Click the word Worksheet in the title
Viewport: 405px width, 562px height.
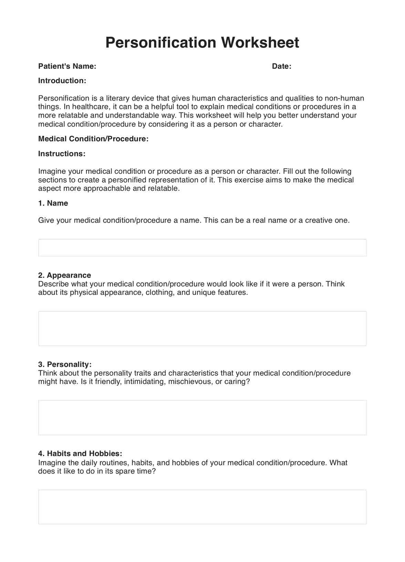[260, 42]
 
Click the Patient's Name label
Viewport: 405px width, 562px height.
[67, 66]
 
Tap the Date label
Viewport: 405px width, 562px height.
[281, 66]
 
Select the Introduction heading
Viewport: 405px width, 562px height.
[62, 81]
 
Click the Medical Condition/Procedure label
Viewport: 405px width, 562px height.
[93, 139]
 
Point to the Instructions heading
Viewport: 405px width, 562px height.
[62, 154]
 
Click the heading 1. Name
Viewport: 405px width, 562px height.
[53, 203]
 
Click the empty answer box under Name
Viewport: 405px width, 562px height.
[202, 248]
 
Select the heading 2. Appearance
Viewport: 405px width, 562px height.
[64, 275]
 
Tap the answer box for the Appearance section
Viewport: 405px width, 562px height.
[202, 328]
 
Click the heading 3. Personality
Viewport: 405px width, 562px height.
[65, 364]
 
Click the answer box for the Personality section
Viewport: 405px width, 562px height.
[202, 417]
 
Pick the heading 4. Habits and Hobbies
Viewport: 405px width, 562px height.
[80, 454]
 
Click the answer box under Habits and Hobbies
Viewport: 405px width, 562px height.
[202, 507]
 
